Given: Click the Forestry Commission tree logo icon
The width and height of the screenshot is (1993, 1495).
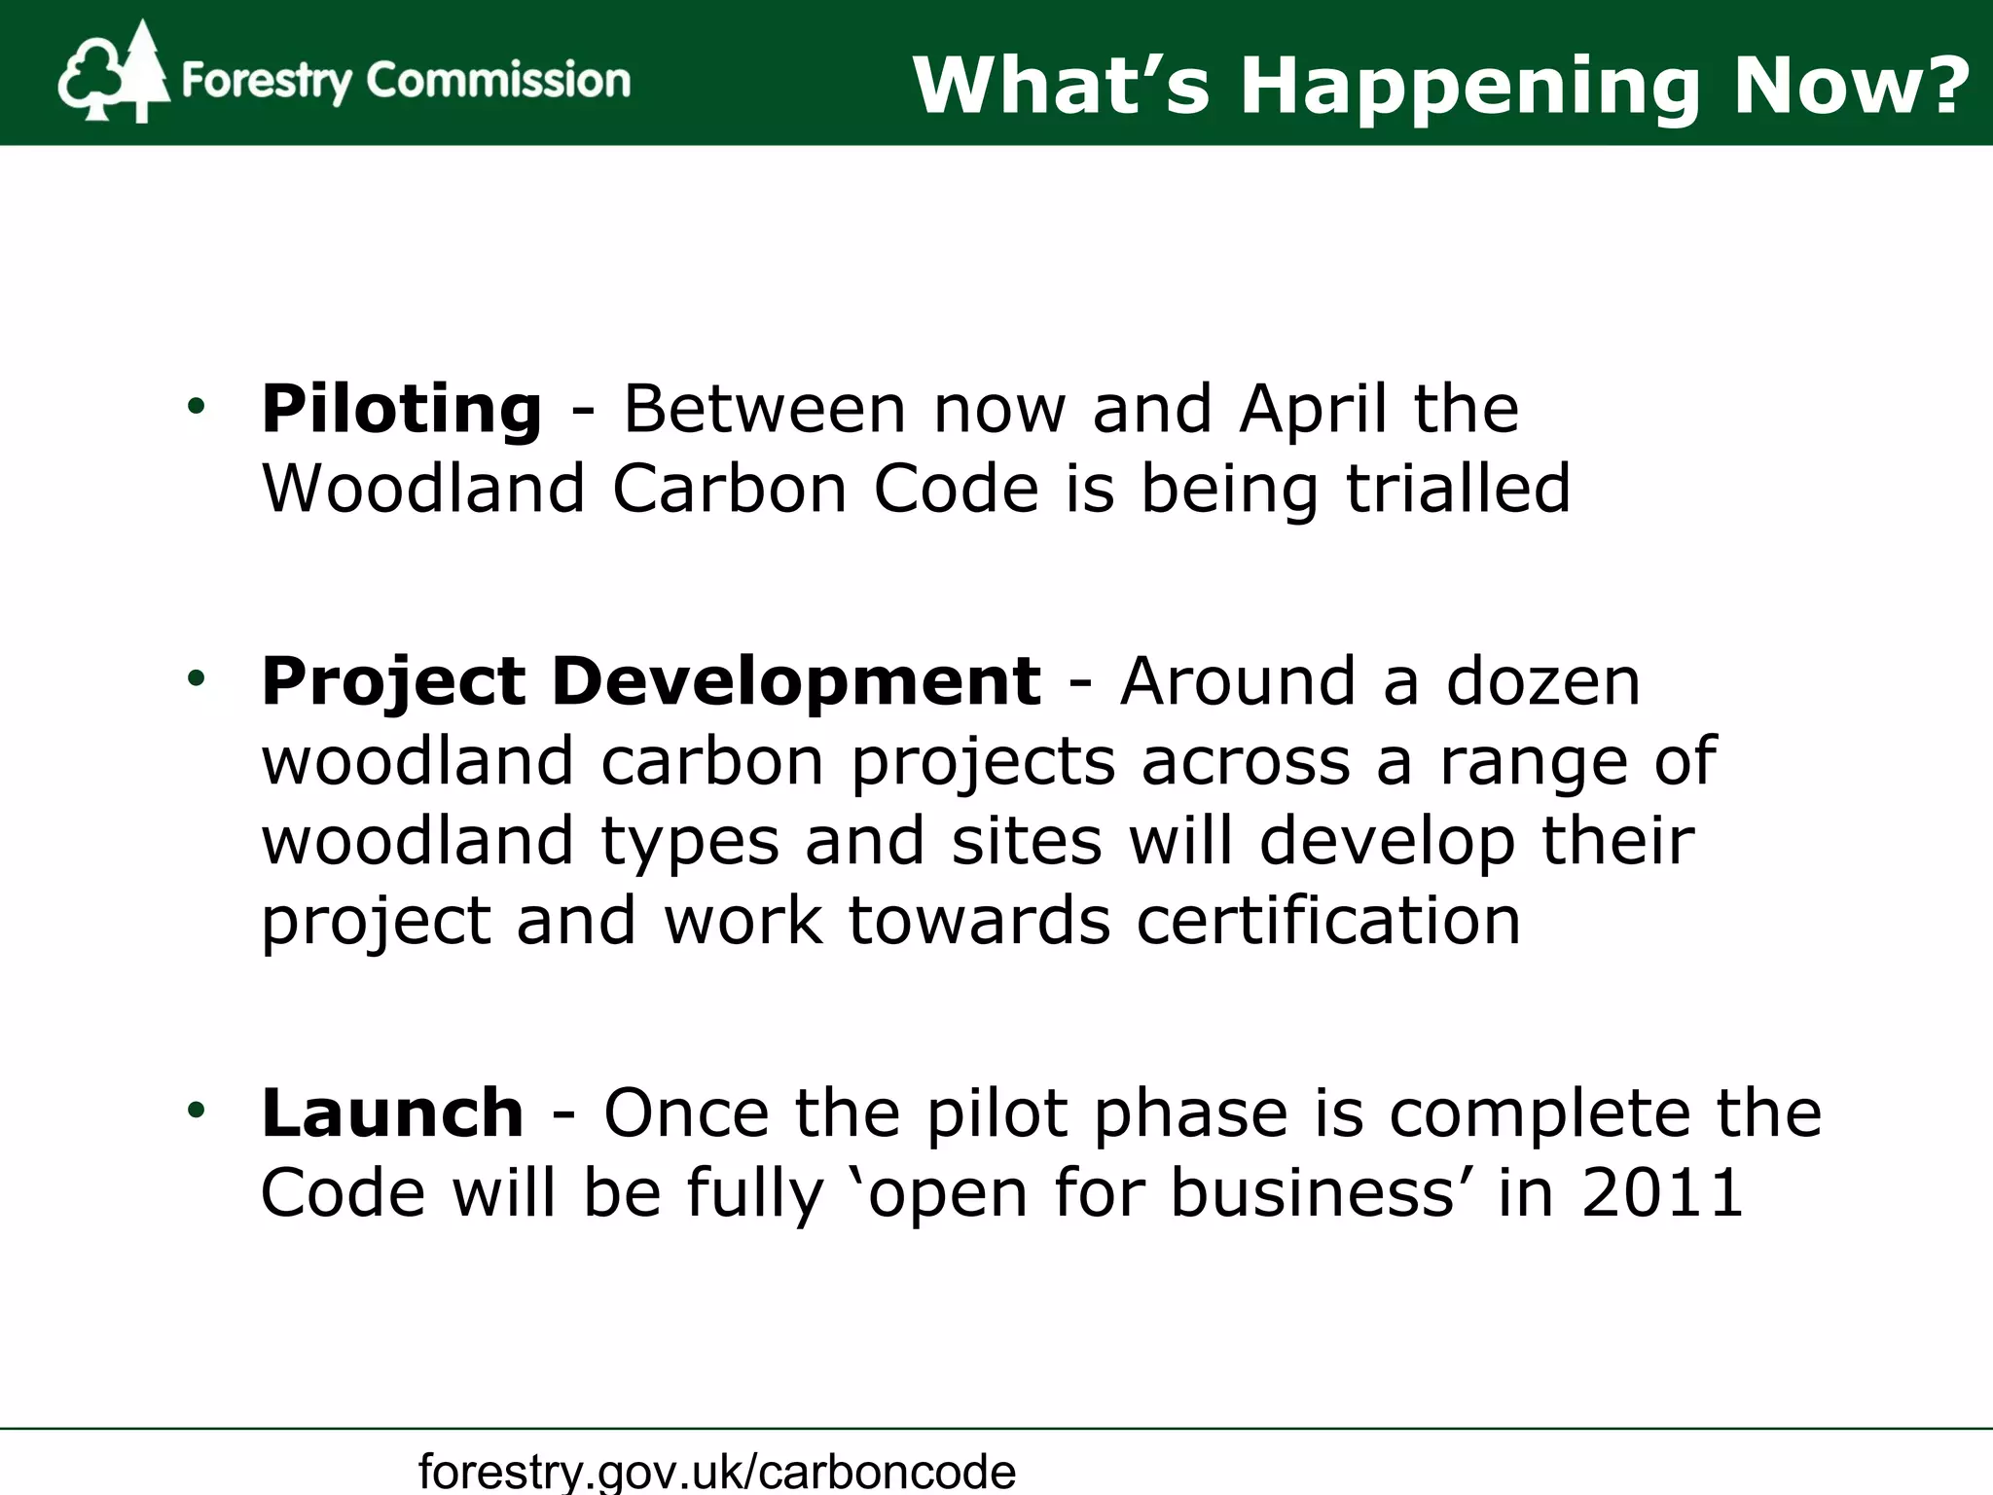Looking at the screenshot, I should pos(113,74).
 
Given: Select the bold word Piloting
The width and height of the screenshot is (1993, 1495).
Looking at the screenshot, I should pos(401,410).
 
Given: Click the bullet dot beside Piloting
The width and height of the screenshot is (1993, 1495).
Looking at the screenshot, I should pos(197,407).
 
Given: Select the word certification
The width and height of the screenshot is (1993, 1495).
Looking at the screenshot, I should pos(1327,920).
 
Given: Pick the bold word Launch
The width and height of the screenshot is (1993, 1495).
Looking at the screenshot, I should pos(392,1112).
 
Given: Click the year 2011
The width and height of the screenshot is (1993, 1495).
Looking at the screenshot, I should pos(1661,1192).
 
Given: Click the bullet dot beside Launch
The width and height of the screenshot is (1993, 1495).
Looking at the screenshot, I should pos(197,1110).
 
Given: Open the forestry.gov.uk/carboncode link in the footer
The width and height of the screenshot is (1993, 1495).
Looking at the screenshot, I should pos(717,1470).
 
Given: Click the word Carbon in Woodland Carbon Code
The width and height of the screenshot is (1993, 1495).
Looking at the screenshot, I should pos(729,488).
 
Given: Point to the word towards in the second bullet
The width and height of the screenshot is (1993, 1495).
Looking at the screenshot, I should pos(979,920).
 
